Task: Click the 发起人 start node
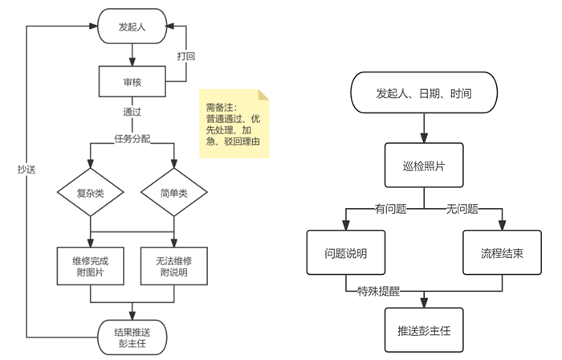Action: click(x=132, y=27)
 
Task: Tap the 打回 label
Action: click(x=185, y=56)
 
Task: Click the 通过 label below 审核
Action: click(x=132, y=111)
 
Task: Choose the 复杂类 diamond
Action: click(x=90, y=193)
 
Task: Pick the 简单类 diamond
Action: click(x=174, y=193)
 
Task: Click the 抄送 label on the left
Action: click(x=26, y=170)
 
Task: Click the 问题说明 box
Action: click(x=347, y=254)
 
